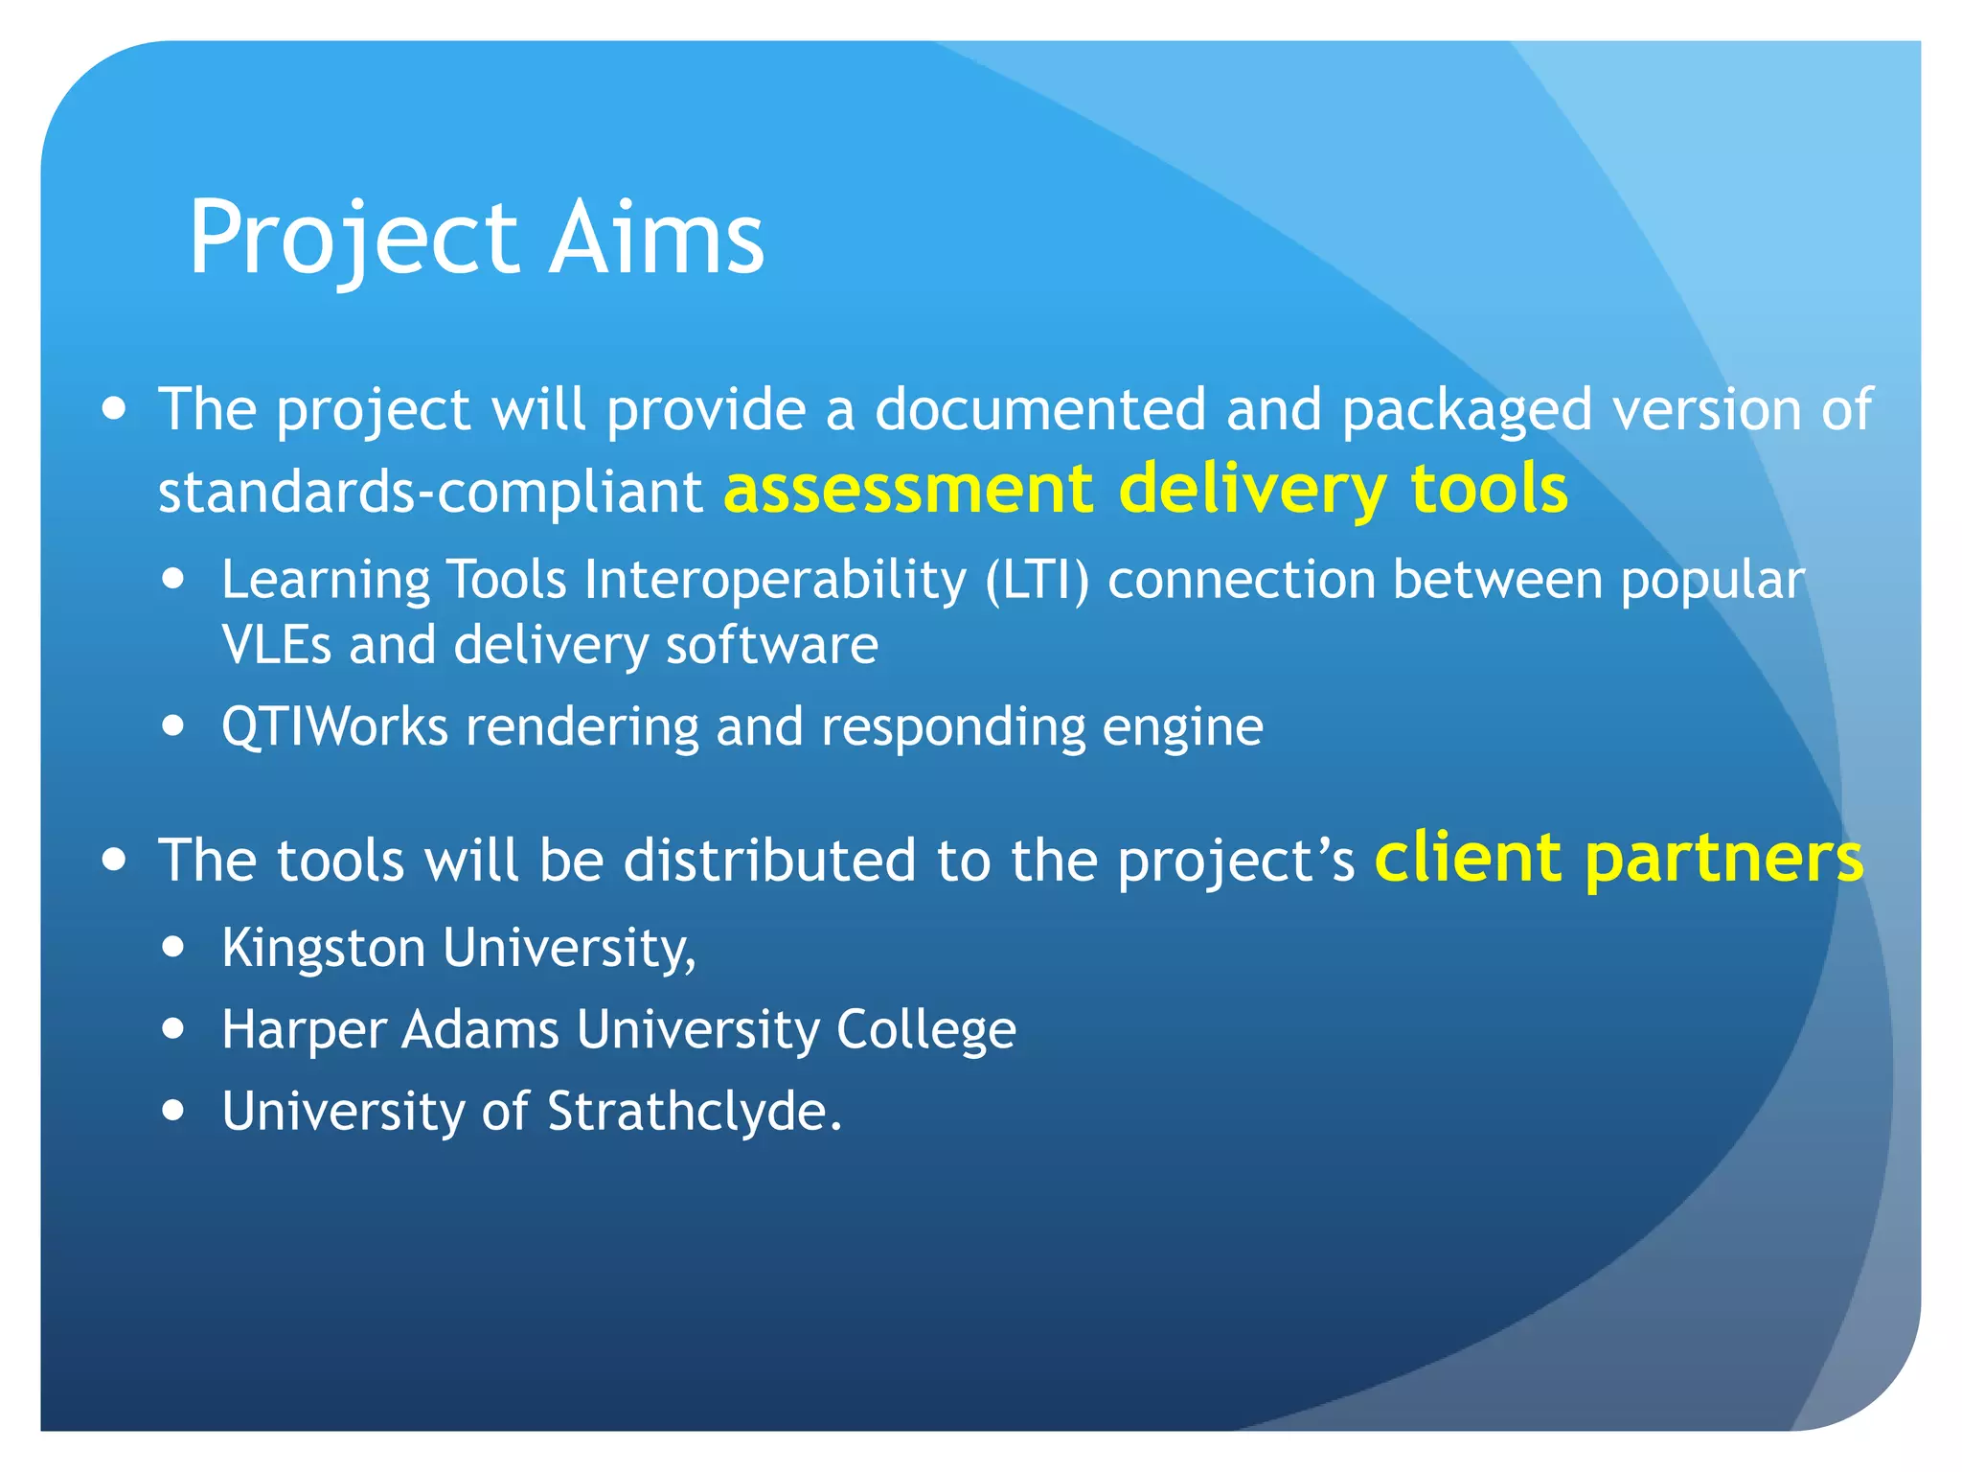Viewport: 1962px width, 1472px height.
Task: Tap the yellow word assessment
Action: (x=908, y=489)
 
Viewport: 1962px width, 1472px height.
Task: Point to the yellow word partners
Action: (x=1724, y=859)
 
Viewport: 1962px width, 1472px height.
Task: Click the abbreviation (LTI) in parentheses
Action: (x=1038, y=581)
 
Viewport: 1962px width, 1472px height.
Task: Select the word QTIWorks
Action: (x=334, y=726)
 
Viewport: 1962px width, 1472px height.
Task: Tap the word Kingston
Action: (x=323, y=949)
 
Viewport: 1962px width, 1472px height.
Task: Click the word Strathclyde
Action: (x=694, y=1112)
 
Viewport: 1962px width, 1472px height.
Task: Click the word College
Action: (x=925, y=1031)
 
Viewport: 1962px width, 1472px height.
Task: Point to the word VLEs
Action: (x=276, y=645)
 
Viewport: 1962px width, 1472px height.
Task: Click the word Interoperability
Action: (x=775, y=581)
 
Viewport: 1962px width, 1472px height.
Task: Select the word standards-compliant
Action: (x=430, y=493)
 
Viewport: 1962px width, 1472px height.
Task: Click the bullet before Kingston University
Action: (x=173, y=947)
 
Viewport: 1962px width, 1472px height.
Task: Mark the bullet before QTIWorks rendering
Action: (x=173, y=725)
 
